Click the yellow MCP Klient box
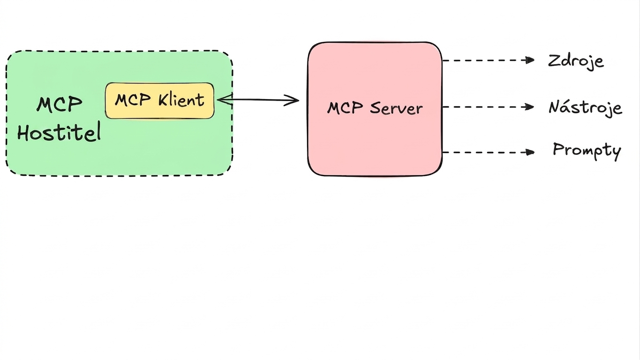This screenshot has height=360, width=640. (159, 101)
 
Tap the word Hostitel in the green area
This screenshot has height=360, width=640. (59, 132)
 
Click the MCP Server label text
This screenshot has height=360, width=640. (375, 108)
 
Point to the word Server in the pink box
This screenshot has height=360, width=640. (396, 109)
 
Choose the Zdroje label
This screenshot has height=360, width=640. (576, 61)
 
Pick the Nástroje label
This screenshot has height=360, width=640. (585, 108)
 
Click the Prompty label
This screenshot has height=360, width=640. (587, 151)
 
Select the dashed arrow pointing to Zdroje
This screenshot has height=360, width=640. (488, 60)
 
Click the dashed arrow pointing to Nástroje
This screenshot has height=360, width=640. (488, 107)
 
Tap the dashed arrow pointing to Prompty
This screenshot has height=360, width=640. (488, 152)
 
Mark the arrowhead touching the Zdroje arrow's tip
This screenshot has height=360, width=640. (530, 60)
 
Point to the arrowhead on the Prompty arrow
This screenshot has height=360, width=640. (530, 152)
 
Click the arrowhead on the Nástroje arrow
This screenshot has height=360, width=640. (530, 107)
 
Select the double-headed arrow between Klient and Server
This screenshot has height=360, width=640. (258, 100)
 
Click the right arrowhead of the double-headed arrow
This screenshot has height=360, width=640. (292, 100)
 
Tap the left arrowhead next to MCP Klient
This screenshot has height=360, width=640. (225, 100)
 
